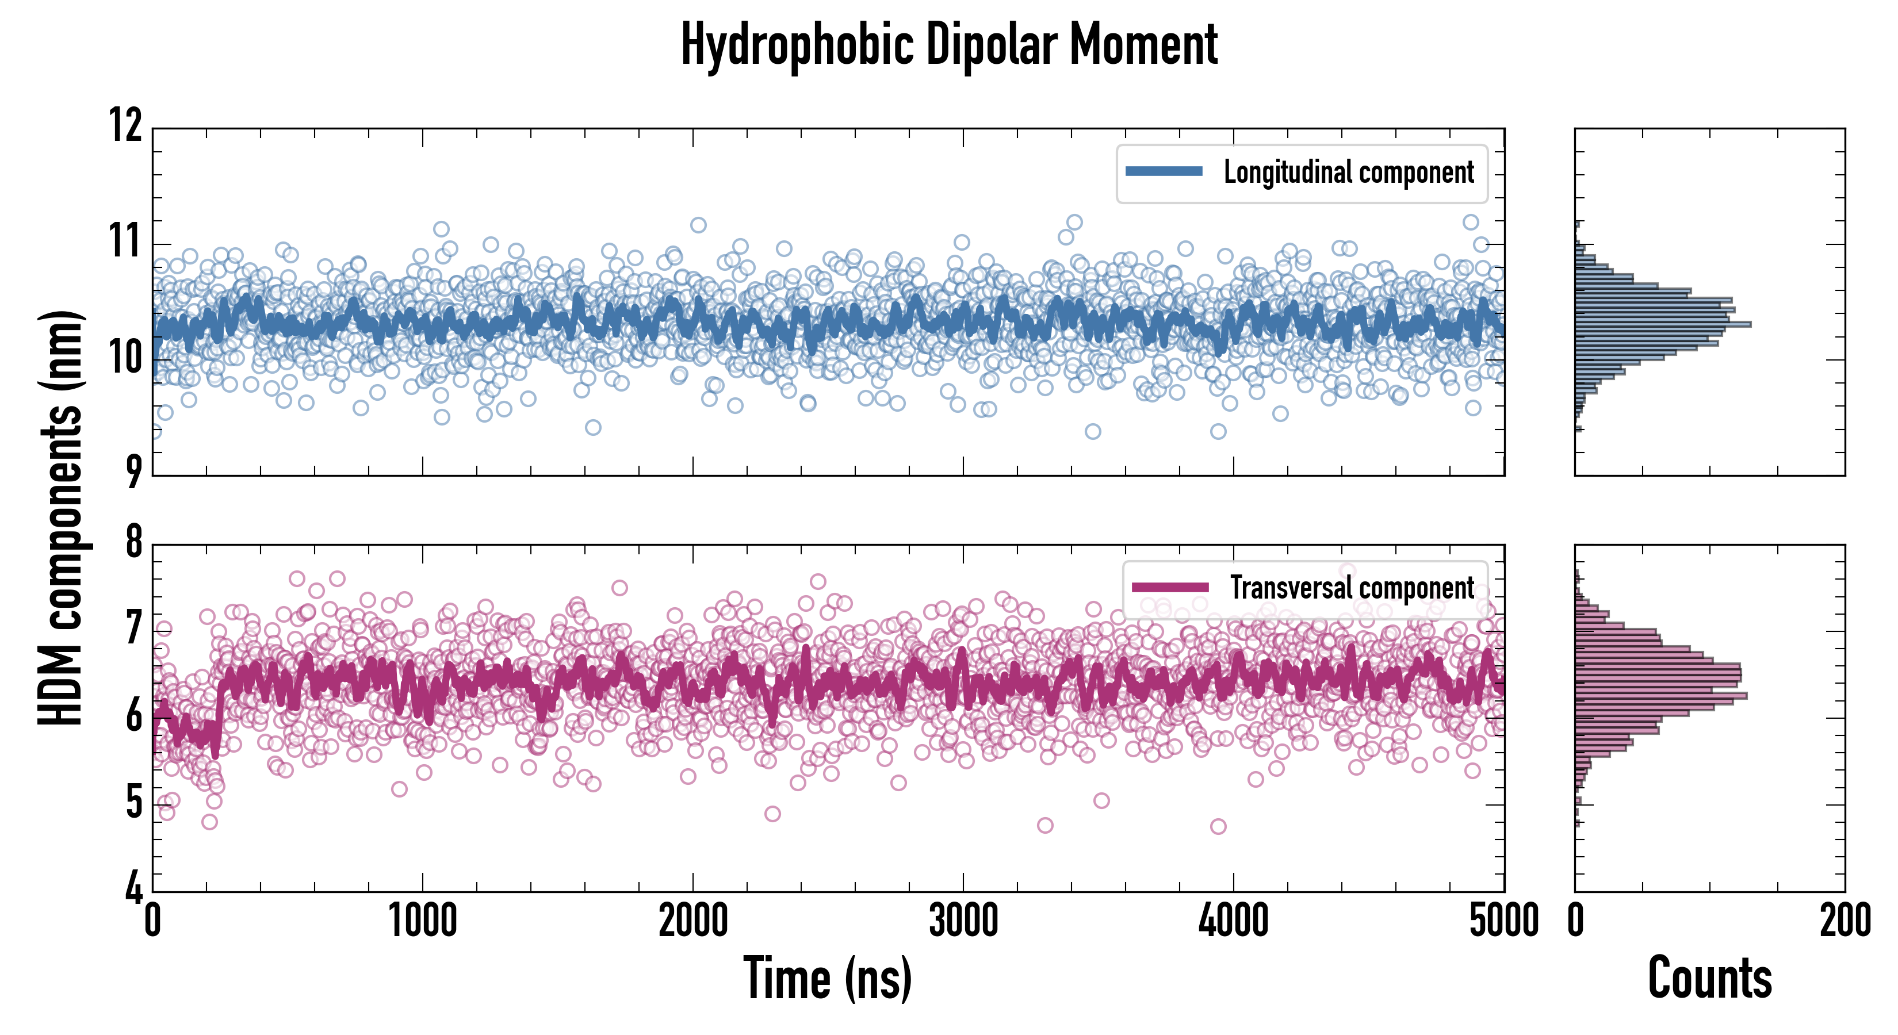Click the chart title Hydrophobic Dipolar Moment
click(x=949, y=45)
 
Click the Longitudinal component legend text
click(x=1348, y=172)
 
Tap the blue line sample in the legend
click(x=1164, y=172)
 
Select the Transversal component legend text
click(x=1352, y=588)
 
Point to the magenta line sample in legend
click(x=1170, y=587)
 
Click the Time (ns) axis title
click(x=828, y=978)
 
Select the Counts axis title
click(x=1709, y=978)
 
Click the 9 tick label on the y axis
click(x=133, y=472)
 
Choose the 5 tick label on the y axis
click(x=133, y=802)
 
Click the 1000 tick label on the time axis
click(x=422, y=921)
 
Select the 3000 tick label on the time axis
click(x=963, y=921)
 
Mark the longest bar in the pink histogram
click(x=1661, y=695)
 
